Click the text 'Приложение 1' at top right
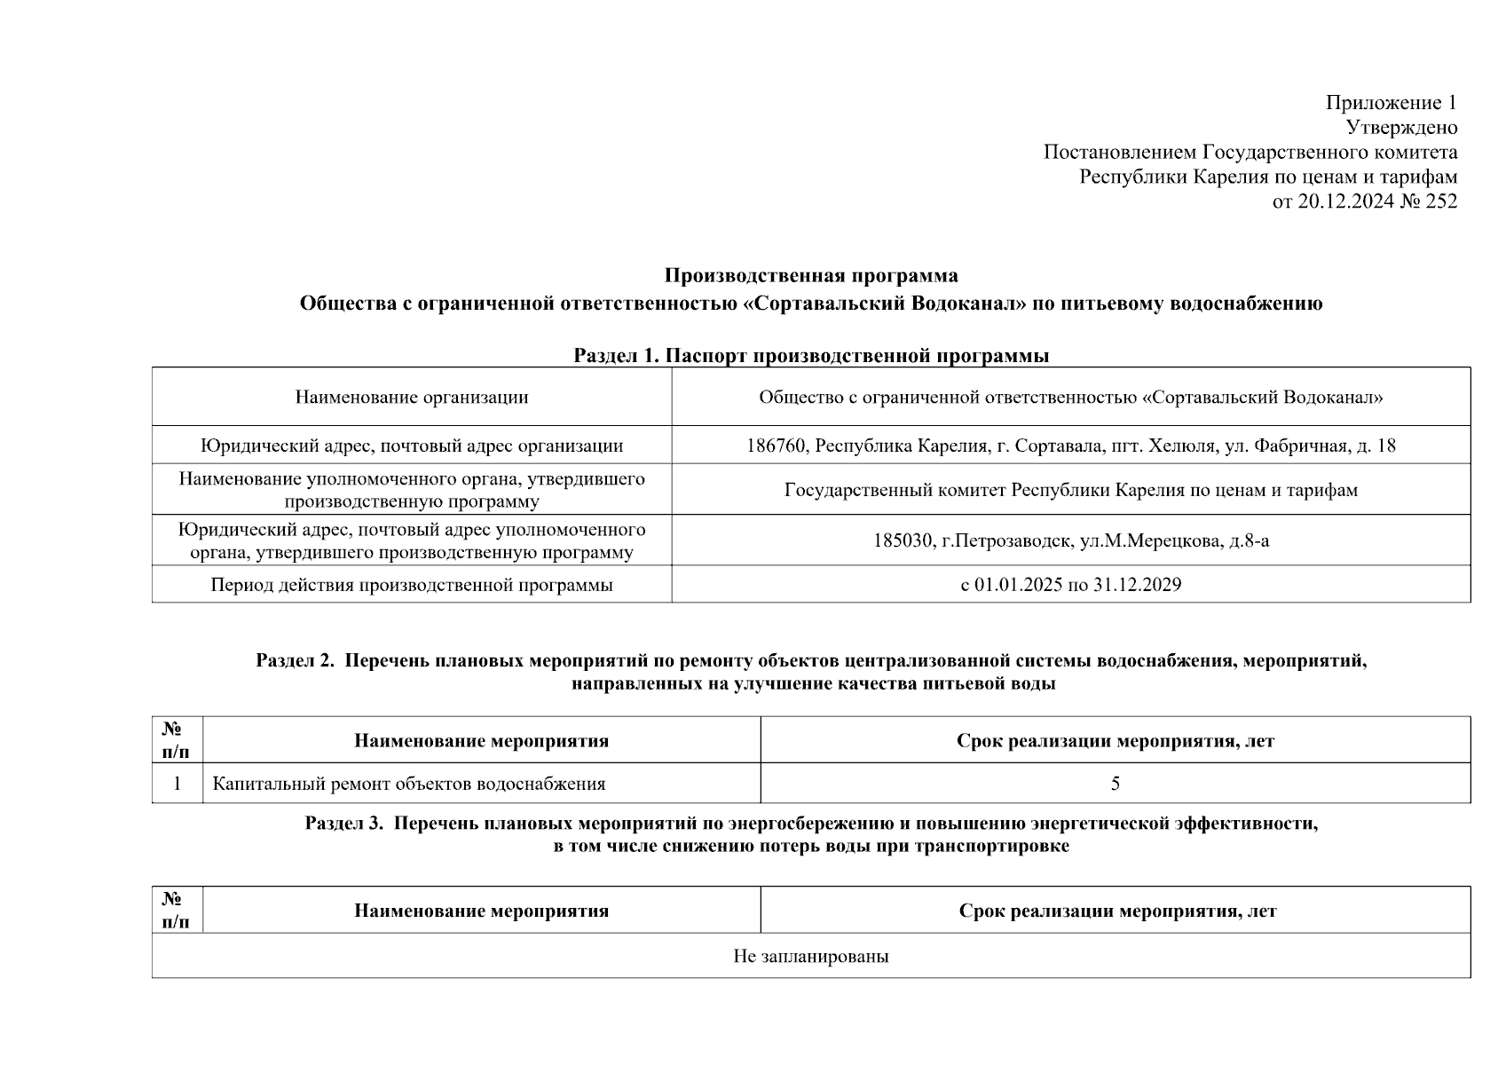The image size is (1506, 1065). pos(1391,102)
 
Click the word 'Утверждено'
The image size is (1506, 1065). pos(1401,127)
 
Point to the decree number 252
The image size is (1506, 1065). pos(1441,201)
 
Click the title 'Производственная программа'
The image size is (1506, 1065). pos(811,275)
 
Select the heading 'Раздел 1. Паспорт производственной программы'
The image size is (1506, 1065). pos(811,356)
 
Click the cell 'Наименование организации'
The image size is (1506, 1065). pos(412,397)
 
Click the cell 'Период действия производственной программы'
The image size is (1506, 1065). pos(412,585)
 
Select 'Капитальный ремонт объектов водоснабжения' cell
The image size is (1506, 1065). pos(409,784)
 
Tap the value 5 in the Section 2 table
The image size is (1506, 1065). pos(1116,784)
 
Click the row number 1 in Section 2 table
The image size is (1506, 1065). pos(177,784)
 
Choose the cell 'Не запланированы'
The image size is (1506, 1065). pos(811,956)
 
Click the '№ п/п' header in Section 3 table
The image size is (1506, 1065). pos(176,911)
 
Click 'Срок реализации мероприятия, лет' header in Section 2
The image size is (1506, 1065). pos(1116,741)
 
